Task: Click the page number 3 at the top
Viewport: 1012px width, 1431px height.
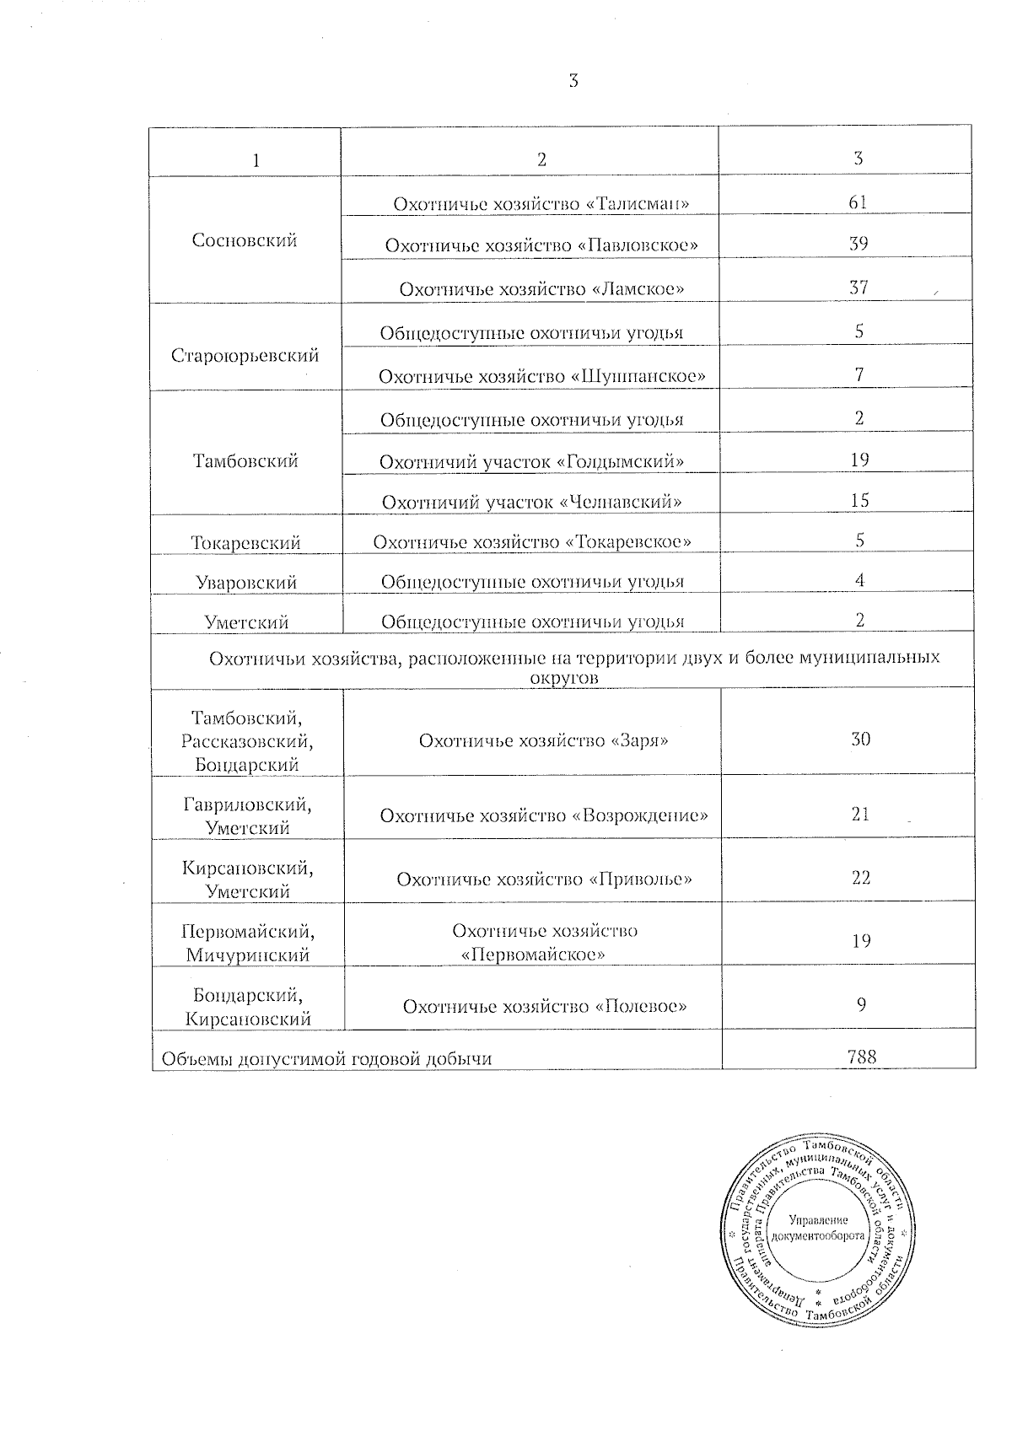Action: (573, 81)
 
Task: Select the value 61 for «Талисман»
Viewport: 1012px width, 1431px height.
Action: (858, 202)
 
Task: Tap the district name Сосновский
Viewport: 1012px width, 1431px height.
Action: (245, 240)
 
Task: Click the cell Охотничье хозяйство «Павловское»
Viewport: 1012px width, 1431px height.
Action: (541, 245)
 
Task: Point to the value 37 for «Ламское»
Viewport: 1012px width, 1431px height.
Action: (858, 288)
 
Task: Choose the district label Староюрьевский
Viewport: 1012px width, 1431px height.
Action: (245, 355)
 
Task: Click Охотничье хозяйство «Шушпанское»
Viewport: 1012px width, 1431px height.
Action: (542, 375)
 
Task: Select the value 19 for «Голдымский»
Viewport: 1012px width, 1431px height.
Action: (859, 460)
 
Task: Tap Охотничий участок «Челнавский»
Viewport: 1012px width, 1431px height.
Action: (532, 502)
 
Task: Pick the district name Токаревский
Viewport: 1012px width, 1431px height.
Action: (245, 542)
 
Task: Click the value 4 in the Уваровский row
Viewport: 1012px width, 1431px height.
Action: (859, 580)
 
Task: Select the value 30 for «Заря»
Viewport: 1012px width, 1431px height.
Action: (860, 740)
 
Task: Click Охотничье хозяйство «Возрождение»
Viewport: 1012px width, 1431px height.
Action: (544, 815)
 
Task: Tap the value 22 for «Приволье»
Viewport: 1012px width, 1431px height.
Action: (860, 878)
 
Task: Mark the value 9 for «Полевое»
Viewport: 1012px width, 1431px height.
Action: (861, 1004)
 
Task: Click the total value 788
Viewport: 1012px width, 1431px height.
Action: (860, 1054)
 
